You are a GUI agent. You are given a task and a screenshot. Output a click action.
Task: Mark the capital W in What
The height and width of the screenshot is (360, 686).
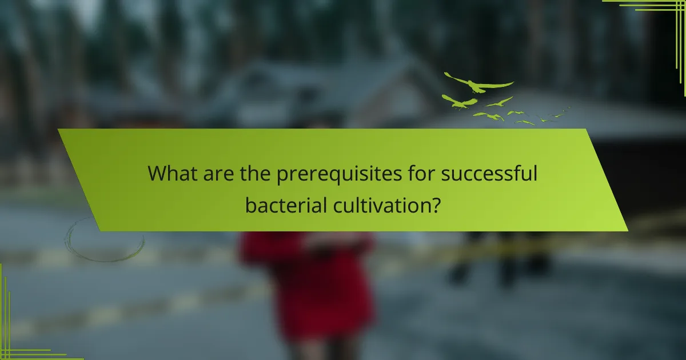[158, 173]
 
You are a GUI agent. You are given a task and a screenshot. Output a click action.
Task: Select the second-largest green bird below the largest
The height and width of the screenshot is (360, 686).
[460, 102]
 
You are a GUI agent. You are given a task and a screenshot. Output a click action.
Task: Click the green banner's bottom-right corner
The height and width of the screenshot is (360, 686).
[627, 230]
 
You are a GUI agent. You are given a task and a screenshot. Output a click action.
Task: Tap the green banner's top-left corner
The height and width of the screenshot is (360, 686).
[59, 130]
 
